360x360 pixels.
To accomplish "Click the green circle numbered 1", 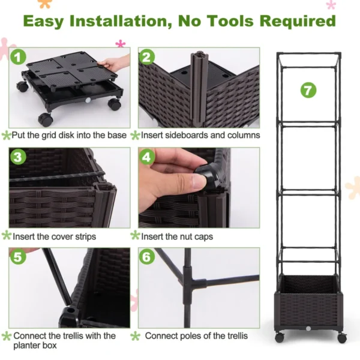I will click(x=19, y=57).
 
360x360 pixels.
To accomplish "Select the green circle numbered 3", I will click(x=19, y=158).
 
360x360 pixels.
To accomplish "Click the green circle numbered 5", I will click(x=19, y=257).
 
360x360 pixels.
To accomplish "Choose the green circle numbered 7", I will click(x=308, y=91).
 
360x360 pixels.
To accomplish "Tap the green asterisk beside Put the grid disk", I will click(x=6, y=136).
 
